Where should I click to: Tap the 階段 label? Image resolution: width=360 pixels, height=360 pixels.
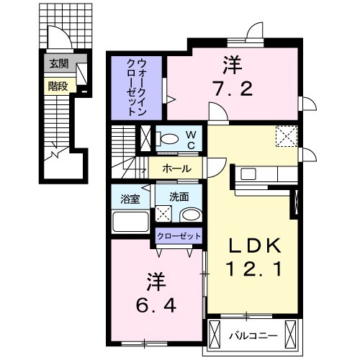(x=57, y=85)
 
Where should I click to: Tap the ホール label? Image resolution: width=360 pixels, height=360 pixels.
(x=177, y=169)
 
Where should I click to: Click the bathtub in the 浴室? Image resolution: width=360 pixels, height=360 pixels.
(x=130, y=222)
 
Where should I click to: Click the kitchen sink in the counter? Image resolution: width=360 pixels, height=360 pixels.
(x=248, y=174)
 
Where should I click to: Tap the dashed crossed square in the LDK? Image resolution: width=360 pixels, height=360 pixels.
(x=287, y=135)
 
